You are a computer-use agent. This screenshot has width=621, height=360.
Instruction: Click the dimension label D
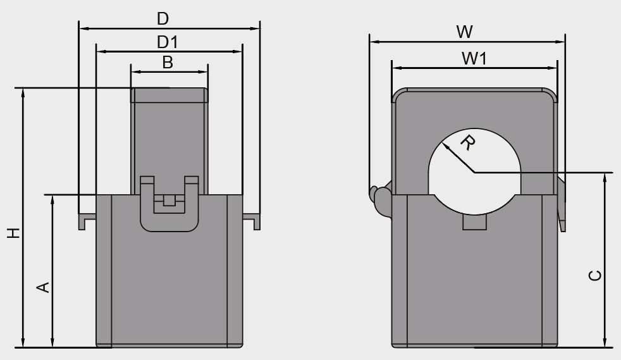(x=163, y=19)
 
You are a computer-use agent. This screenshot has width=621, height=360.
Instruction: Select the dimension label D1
(x=167, y=42)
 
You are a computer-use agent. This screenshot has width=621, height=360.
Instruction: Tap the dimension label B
(x=167, y=62)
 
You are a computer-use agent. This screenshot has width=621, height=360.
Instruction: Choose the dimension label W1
(x=474, y=58)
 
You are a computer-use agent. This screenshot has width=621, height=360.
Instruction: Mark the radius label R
(x=467, y=144)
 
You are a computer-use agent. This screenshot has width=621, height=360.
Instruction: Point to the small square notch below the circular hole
(x=475, y=222)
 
